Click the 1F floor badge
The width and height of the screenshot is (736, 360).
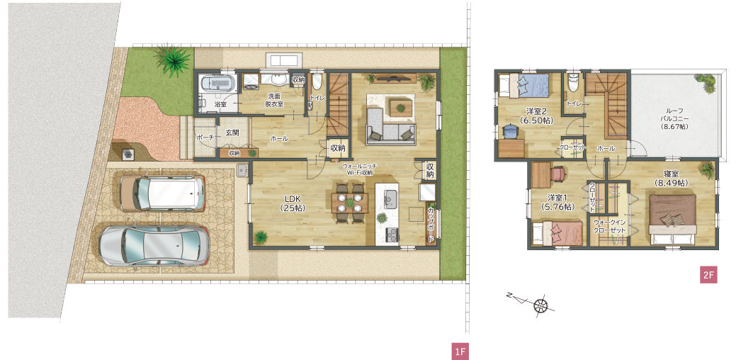tap(460, 351)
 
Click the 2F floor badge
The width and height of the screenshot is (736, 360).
tap(708, 275)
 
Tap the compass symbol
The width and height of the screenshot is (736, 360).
tap(540, 305)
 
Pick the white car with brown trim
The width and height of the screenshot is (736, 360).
tap(162, 193)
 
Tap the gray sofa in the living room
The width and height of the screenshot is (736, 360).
tap(390, 126)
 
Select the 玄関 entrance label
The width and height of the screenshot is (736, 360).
tap(232, 133)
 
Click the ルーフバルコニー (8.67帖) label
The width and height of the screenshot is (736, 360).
tap(674, 119)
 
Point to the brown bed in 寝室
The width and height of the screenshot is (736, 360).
tap(673, 220)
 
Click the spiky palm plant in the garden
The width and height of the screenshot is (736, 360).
tap(174, 59)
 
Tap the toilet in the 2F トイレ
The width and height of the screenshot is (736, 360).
tap(572, 84)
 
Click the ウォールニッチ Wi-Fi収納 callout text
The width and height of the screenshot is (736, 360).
tap(360, 169)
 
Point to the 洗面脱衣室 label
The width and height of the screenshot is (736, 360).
tap(274, 100)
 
